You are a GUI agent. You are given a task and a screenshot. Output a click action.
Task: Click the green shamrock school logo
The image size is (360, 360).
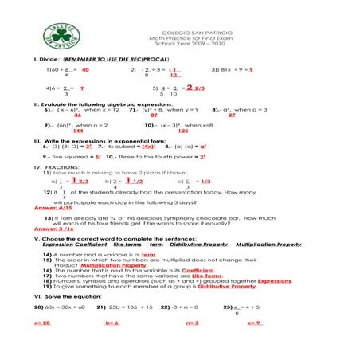tap(61, 36)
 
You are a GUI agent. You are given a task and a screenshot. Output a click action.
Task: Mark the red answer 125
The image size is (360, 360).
tap(183, 130)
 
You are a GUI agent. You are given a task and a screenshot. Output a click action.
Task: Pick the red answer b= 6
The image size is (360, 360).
tap(112, 323)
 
